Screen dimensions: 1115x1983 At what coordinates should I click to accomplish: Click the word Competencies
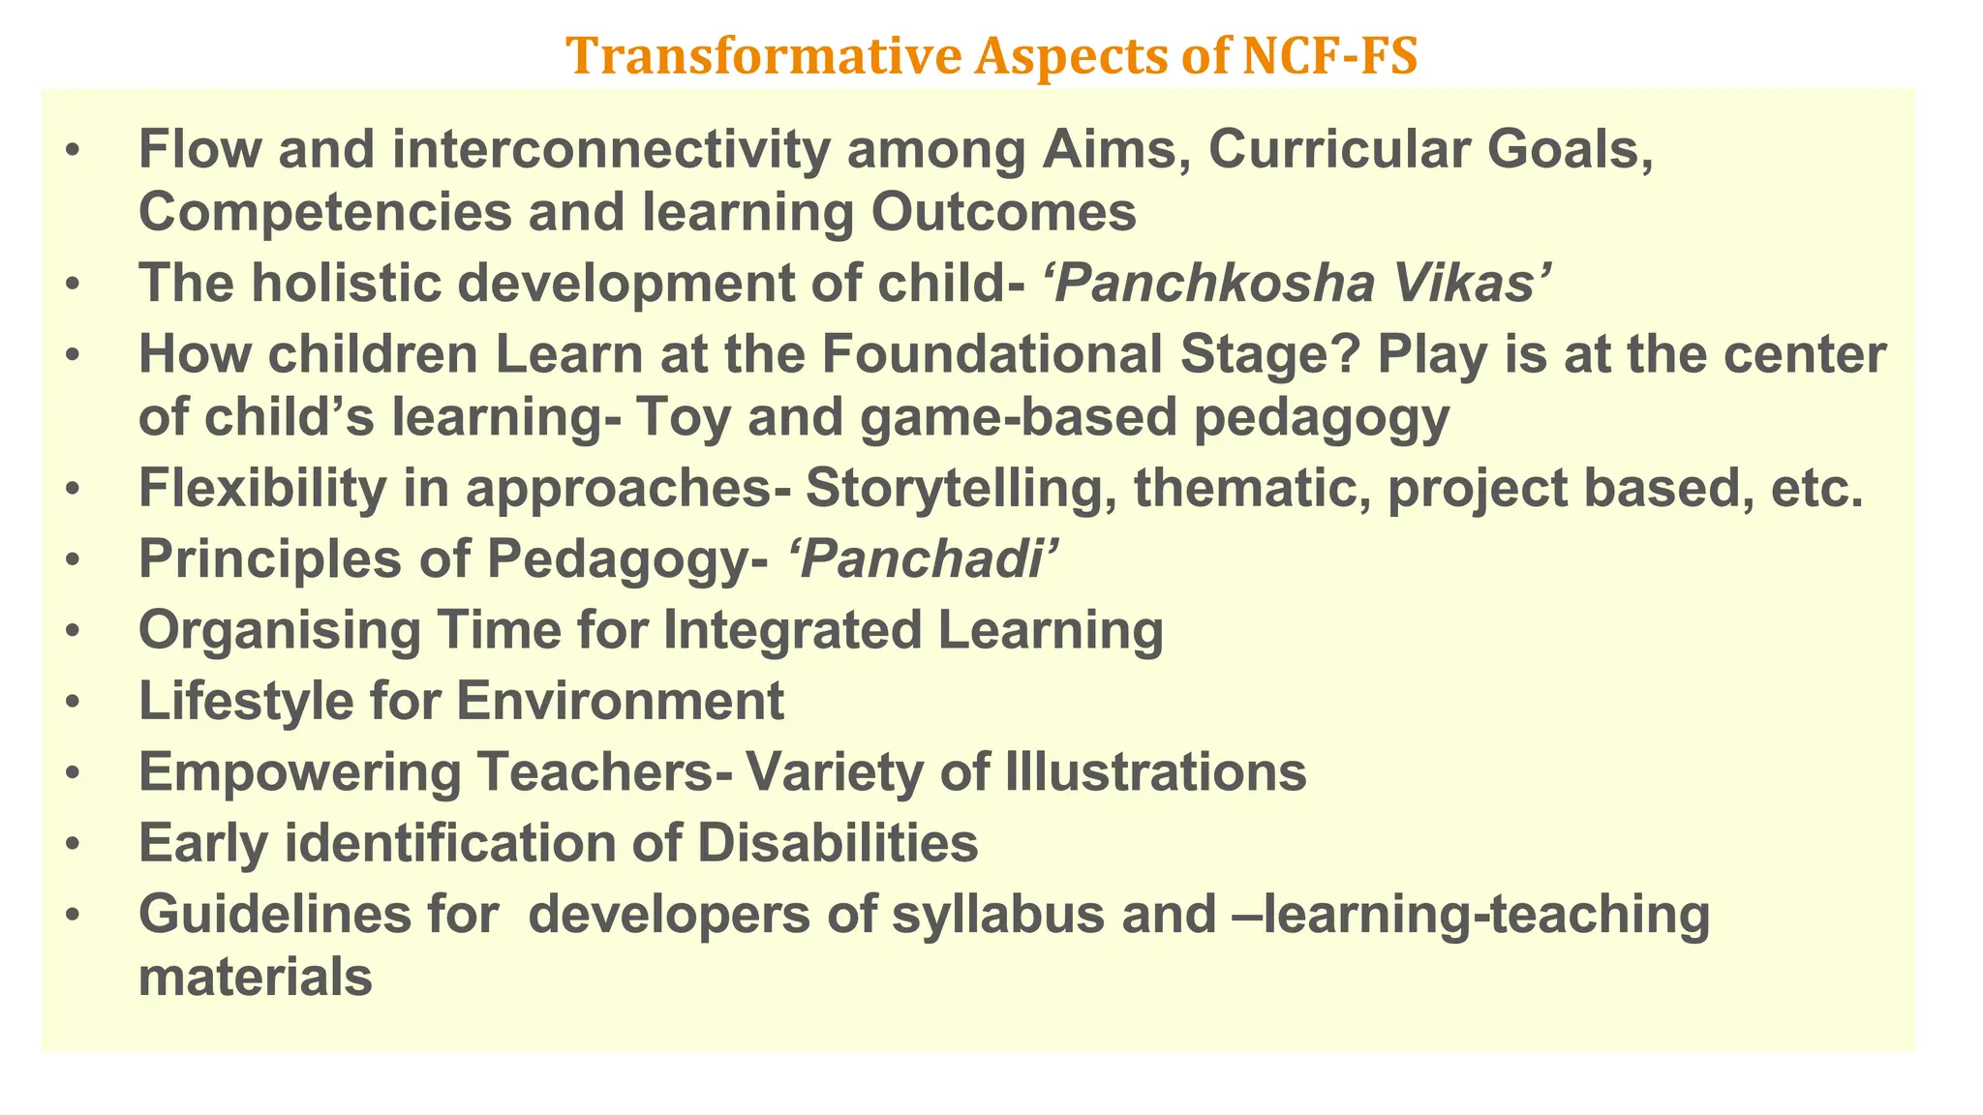(x=325, y=213)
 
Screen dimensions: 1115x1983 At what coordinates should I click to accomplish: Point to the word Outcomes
(x=1003, y=213)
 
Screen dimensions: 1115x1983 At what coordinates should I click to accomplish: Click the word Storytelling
(x=959, y=489)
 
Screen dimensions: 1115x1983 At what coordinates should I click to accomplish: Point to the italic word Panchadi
(x=920, y=559)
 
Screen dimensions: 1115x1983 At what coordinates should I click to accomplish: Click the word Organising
(x=279, y=630)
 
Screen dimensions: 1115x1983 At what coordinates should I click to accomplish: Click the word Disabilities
(x=837, y=843)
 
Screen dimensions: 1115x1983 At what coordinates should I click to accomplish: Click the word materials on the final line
(x=256, y=978)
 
